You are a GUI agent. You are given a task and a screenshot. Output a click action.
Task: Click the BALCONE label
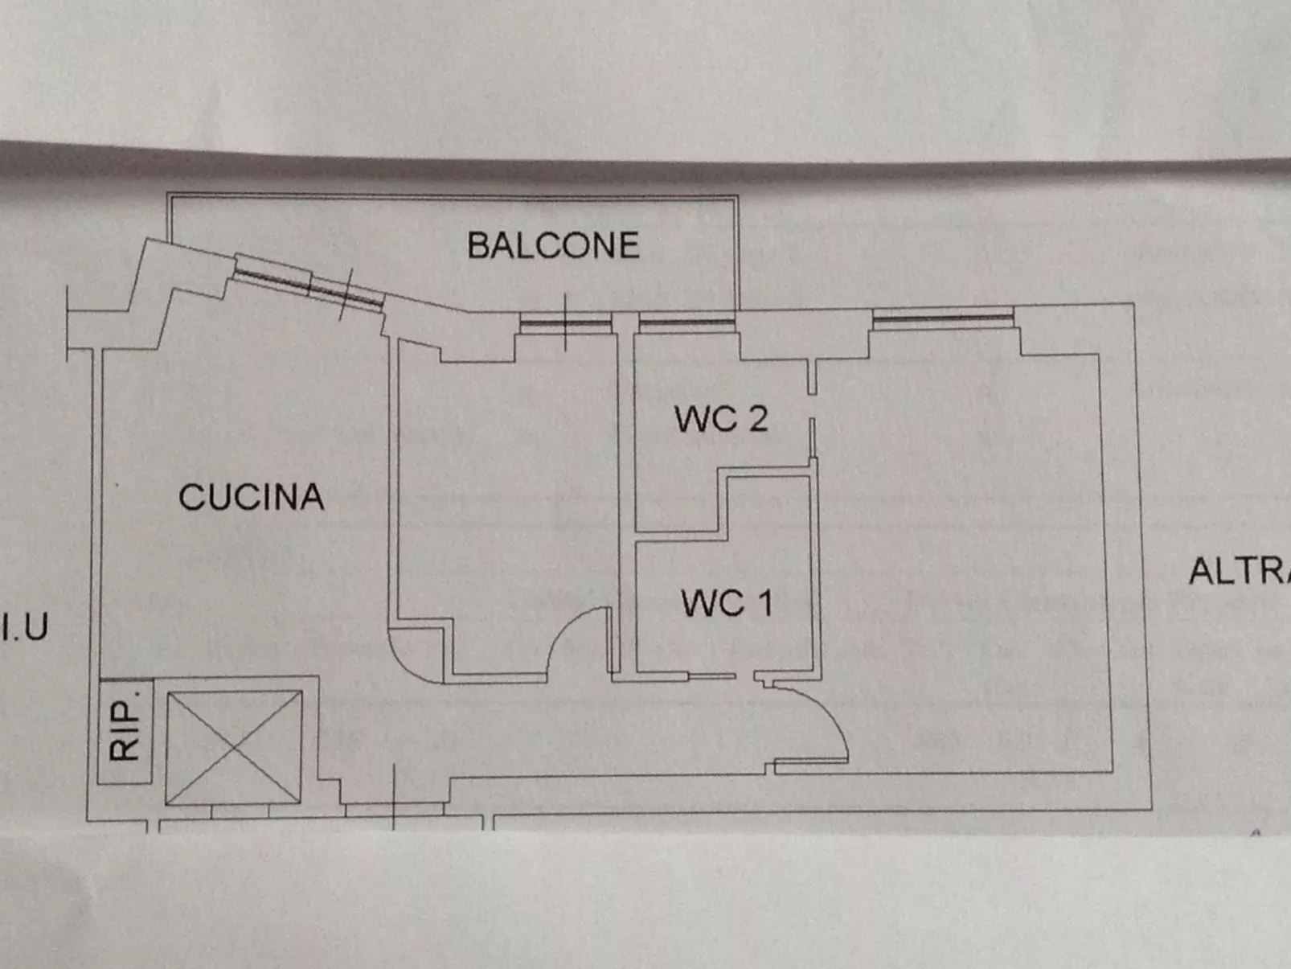coord(553,245)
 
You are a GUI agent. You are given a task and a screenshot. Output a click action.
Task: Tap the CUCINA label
coord(251,497)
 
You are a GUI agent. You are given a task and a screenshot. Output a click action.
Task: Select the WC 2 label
coord(720,419)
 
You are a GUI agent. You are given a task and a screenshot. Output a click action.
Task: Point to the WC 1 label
coord(726,603)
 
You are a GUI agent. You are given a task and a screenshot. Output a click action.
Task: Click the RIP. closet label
coord(125,730)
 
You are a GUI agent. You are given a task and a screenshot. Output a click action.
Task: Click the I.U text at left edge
coord(26,627)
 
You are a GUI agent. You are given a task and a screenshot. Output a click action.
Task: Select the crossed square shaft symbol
coord(234,747)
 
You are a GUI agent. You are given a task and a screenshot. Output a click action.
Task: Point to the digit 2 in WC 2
coord(757,419)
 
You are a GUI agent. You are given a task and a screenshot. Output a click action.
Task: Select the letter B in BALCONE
coord(479,245)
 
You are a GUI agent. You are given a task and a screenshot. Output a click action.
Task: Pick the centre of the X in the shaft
coord(234,747)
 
